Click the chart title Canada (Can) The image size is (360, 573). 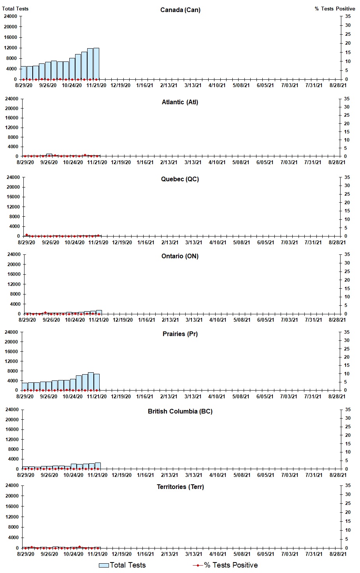tap(180, 10)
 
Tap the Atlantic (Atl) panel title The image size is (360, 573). tap(180, 102)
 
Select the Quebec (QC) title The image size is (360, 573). tap(180, 179)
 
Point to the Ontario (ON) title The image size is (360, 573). tap(180, 256)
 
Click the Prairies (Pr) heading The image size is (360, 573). tap(180, 334)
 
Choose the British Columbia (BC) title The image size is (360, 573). tap(180, 411)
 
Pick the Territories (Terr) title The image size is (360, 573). tap(180, 487)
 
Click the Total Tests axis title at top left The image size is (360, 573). tap(15, 9)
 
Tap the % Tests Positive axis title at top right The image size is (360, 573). tap(335, 9)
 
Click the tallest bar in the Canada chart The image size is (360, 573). tap(96, 64)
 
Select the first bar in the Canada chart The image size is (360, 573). tap(24, 73)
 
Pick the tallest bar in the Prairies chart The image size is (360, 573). tap(91, 381)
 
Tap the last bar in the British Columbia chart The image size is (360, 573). tap(98, 466)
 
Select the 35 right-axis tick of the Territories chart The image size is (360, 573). tap(348, 485)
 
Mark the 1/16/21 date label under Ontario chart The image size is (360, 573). tap(146, 320)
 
